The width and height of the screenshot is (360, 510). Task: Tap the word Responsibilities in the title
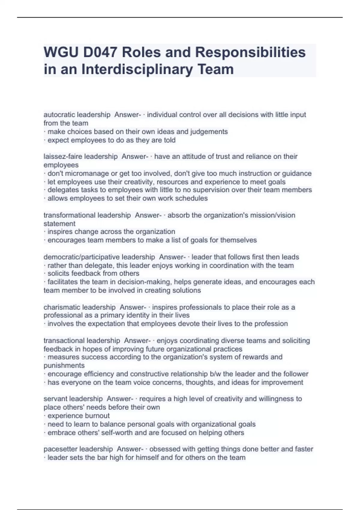[x=250, y=52]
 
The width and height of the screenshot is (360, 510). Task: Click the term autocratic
[x=59, y=115]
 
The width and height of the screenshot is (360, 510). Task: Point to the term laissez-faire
[x=63, y=156]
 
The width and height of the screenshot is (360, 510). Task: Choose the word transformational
[x=69, y=215]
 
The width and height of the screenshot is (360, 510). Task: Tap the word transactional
[x=63, y=340]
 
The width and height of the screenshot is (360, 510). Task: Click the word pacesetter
[x=61, y=449]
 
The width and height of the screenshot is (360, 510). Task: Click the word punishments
[x=64, y=365]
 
